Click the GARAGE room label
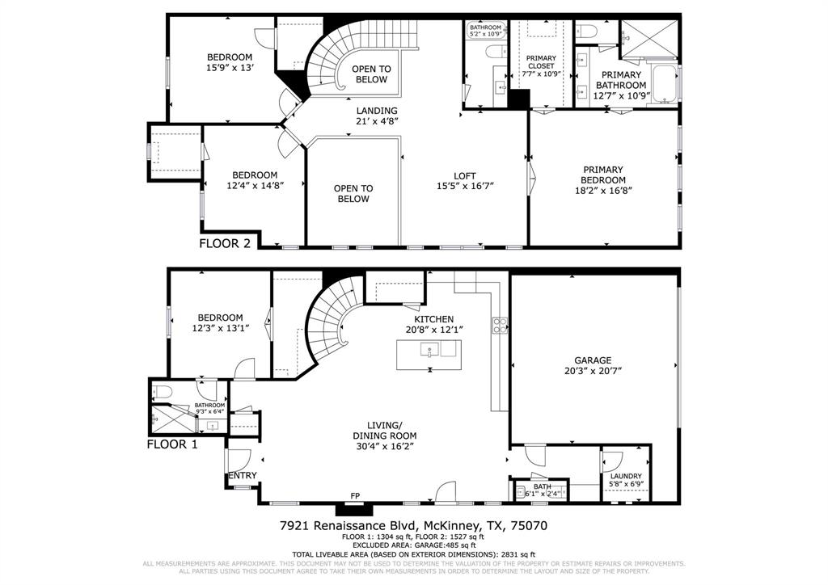(x=593, y=360)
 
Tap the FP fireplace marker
(x=354, y=495)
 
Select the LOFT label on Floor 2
(x=463, y=175)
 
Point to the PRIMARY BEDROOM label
(x=603, y=175)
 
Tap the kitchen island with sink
(x=429, y=351)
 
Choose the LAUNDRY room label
(x=625, y=477)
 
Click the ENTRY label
(x=243, y=476)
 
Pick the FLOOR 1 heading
(x=172, y=444)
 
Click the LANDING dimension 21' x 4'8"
(x=378, y=122)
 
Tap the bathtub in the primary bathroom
(x=665, y=86)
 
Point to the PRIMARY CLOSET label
(x=541, y=62)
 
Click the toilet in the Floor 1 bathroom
(x=160, y=392)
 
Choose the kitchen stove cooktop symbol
(x=500, y=326)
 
